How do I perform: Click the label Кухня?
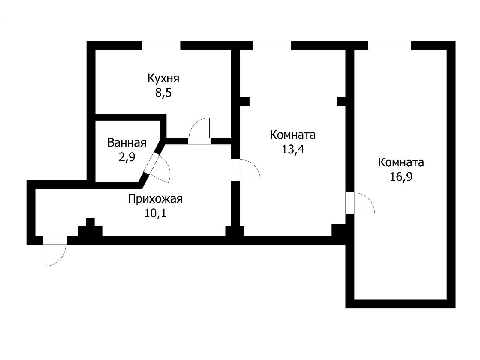[x=163, y=79]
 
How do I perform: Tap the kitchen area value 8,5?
[x=163, y=93]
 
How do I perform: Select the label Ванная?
[x=127, y=143]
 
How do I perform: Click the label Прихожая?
[x=155, y=199]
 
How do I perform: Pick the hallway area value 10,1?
[x=155, y=213]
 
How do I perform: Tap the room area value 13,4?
[x=293, y=149]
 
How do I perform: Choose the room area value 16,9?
[x=401, y=177]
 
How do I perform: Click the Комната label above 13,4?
[x=293, y=135]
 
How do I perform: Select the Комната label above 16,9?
[x=401, y=162]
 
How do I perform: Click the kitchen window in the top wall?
[x=161, y=46]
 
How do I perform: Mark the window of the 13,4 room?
[x=272, y=46]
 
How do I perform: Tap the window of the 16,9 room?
[x=389, y=46]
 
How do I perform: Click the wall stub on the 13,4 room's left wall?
[x=244, y=101]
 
